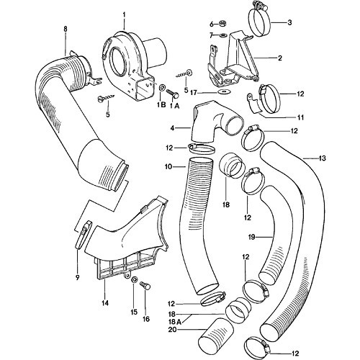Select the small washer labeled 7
point(224,35)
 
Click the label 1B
point(162,104)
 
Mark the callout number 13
point(321,158)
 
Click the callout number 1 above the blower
point(123,15)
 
